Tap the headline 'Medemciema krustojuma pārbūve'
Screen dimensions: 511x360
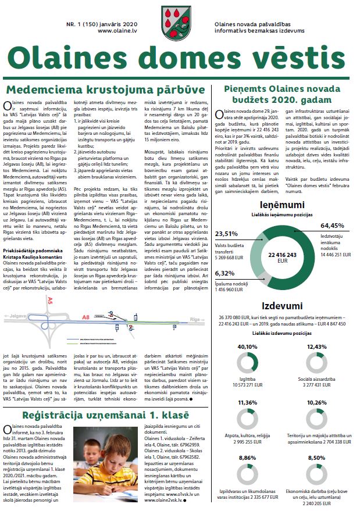click(105, 91)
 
